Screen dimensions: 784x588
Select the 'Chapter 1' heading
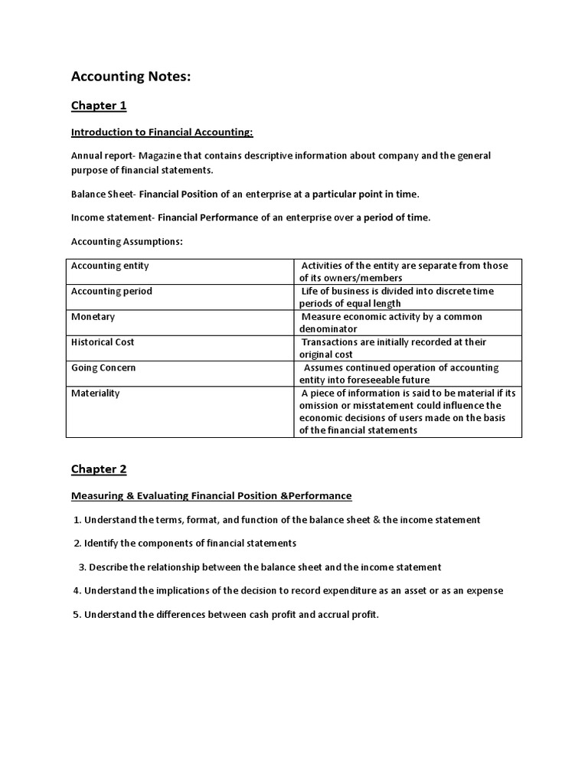[x=99, y=106]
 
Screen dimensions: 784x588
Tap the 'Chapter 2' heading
[x=99, y=469]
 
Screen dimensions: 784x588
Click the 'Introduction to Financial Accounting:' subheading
[x=162, y=132]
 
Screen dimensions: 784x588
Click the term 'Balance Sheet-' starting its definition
[x=102, y=194]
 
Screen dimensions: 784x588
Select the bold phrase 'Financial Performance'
[x=208, y=217]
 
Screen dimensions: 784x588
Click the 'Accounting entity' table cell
[x=110, y=266]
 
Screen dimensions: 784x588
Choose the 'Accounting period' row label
[x=112, y=291]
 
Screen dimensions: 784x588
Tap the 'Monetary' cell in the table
[x=93, y=316]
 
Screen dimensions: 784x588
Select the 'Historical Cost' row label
[x=103, y=342]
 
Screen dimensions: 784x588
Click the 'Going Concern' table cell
[x=103, y=367]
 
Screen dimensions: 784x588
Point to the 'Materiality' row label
[x=95, y=393]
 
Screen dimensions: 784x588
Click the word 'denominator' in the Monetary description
[x=328, y=329]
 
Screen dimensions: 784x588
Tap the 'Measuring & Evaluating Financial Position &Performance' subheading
[x=211, y=495]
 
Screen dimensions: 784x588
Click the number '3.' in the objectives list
[x=82, y=567]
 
